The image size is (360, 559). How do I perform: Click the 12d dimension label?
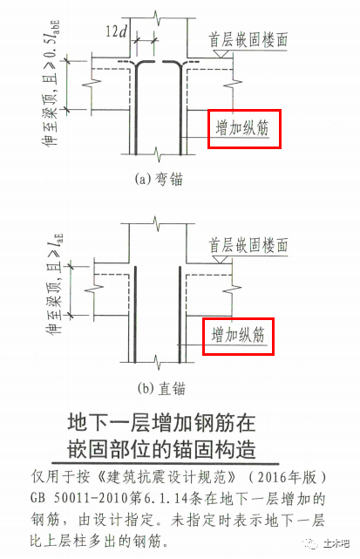[116, 31]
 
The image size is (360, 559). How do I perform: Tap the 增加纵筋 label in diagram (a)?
[242, 128]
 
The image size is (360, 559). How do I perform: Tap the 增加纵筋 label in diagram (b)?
[238, 335]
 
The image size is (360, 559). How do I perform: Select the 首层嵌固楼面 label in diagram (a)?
[248, 40]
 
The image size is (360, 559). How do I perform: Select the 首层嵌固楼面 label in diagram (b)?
[248, 246]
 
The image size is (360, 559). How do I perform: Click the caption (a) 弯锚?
[159, 179]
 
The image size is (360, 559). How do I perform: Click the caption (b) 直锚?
[161, 388]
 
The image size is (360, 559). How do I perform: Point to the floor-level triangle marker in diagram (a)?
[221, 54]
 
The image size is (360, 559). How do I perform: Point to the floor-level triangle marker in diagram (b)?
[221, 260]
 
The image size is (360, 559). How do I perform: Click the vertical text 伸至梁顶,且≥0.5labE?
[51, 84]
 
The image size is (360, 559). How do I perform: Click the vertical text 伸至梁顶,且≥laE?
[55, 284]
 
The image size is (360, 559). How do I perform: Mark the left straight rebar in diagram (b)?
[135, 315]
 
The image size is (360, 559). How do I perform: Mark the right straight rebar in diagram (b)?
[180, 315]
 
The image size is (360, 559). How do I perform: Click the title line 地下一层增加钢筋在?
[161, 422]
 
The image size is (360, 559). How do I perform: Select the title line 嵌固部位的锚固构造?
[161, 449]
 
